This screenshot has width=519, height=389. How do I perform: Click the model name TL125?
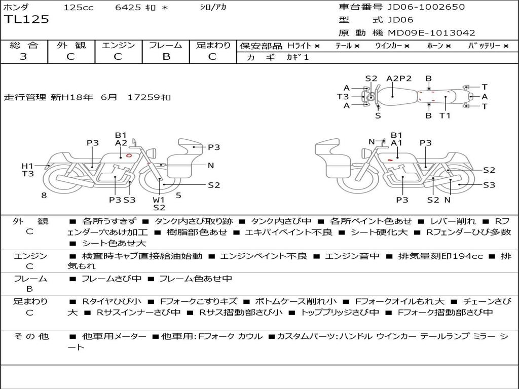pyautogui.click(x=26, y=20)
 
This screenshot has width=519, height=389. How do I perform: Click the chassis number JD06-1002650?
pyautogui.click(x=426, y=7)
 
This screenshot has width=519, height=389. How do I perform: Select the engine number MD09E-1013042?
pyautogui.click(x=431, y=33)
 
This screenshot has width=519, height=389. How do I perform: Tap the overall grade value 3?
pyautogui.click(x=23, y=57)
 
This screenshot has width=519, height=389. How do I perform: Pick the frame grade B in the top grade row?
pyautogui.click(x=166, y=57)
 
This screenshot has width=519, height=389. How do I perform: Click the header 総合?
pyautogui.click(x=24, y=45)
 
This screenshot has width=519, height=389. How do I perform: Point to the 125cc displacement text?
pyautogui.click(x=79, y=7)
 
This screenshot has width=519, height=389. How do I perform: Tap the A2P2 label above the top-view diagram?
pyautogui.click(x=399, y=79)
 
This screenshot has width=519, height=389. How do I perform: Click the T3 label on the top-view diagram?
pyautogui.click(x=343, y=97)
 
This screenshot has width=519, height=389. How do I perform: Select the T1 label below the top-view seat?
pyautogui.click(x=445, y=116)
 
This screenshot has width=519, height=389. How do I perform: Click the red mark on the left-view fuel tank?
pyautogui.click(x=129, y=155)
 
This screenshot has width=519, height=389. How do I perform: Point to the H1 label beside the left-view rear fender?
pyautogui.click(x=27, y=166)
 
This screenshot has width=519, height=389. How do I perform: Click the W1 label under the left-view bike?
pyautogui.click(x=159, y=200)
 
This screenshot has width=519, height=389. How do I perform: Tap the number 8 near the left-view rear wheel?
pyautogui.click(x=44, y=196)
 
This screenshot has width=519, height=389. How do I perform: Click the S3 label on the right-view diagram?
pyautogui.click(x=489, y=185)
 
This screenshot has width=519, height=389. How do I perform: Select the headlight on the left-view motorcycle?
pyautogui.click(x=153, y=153)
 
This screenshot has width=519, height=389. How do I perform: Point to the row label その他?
pyautogui.click(x=31, y=336)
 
